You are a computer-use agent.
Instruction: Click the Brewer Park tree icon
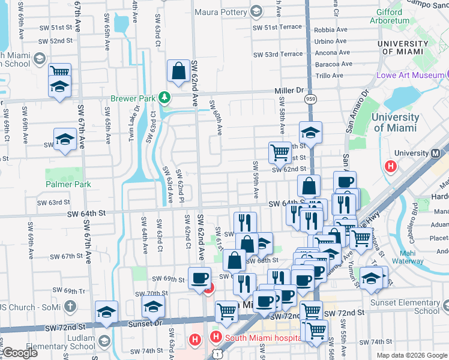[x=164, y=98]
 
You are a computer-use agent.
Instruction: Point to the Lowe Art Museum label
[x=408, y=76]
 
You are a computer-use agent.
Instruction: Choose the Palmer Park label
[x=68, y=184]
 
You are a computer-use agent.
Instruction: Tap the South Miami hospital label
[x=263, y=338]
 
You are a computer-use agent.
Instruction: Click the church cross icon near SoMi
[x=70, y=307]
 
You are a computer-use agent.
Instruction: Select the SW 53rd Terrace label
[x=278, y=54]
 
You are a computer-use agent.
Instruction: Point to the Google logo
[x=20, y=353]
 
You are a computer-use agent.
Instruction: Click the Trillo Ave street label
[x=330, y=76]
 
